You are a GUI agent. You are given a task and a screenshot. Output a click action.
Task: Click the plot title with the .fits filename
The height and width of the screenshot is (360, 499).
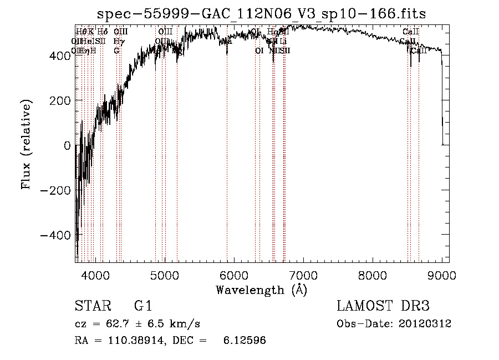[x=262, y=14]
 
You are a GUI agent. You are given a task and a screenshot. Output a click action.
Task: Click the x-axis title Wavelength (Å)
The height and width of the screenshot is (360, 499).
[x=261, y=290]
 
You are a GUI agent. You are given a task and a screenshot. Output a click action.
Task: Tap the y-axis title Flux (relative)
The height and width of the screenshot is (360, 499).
[x=26, y=144]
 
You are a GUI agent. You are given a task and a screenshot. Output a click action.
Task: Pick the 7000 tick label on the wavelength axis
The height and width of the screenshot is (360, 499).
[x=303, y=275]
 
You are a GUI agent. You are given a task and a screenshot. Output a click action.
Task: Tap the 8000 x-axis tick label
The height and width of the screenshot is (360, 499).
[x=373, y=275]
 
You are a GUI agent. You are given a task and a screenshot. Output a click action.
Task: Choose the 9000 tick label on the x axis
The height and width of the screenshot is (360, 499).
[x=442, y=275]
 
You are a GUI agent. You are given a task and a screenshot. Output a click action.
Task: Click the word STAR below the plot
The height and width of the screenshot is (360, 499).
[x=93, y=306]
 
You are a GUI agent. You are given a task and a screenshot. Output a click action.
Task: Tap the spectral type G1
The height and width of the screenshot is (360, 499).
[x=142, y=306]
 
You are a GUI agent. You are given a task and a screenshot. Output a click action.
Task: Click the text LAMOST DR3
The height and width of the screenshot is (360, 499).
[x=383, y=306]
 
